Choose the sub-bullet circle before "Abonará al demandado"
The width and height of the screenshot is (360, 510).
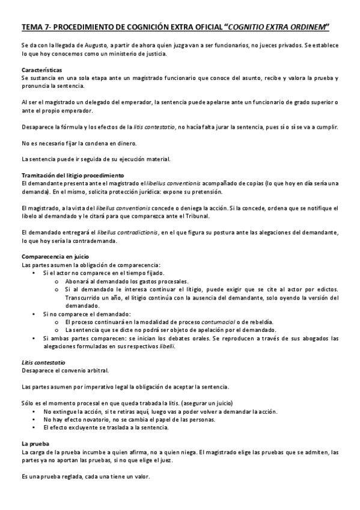(x=56, y=281)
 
